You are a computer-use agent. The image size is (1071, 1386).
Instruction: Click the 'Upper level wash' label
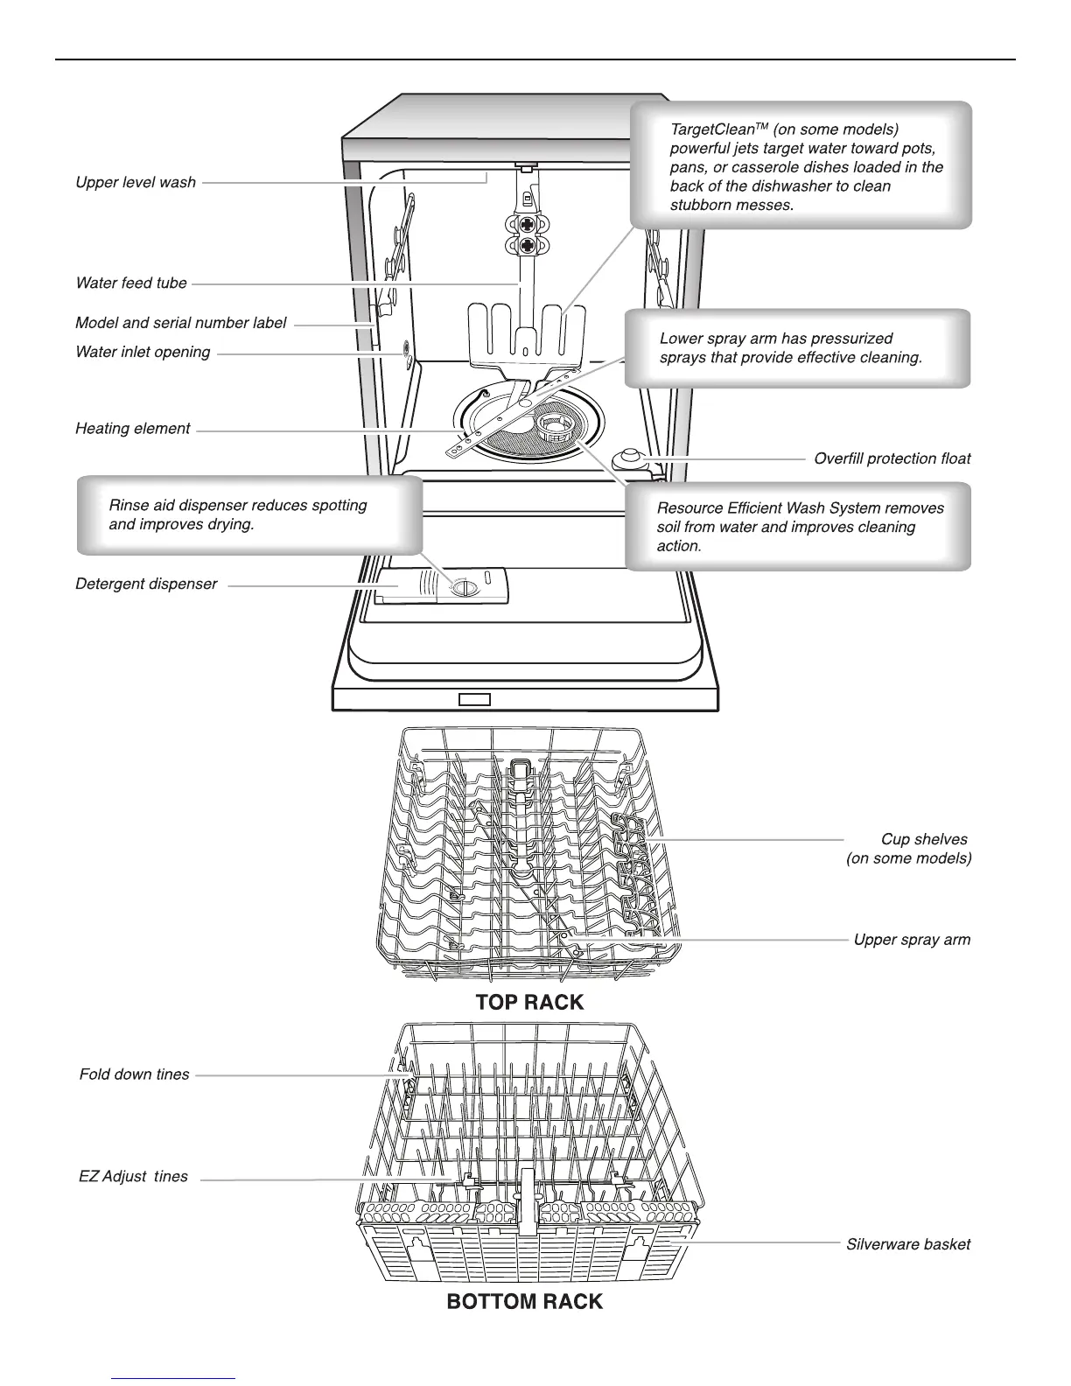[x=136, y=182]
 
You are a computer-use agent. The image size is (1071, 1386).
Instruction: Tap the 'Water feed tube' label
[x=131, y=283]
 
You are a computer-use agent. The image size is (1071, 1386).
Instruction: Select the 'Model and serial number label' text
[x=180, y=323]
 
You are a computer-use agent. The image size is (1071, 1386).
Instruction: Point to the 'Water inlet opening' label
[x=143, y=352]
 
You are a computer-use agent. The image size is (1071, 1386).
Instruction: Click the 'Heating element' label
[x=132, y=429]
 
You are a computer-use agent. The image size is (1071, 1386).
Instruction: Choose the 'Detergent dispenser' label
[x=146, y=584]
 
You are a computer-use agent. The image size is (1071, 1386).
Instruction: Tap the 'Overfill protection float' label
[x=892, y=458]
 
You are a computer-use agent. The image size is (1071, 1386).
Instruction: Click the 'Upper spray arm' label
[x=912, y=940]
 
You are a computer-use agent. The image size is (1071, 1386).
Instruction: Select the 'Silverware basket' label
[x=907, y=1244]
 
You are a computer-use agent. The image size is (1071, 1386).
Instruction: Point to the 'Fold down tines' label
[x=134, y=1074]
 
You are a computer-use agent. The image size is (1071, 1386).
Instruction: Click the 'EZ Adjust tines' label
[x=133, y=1177]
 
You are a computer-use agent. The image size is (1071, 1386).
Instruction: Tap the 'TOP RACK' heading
[x=529, y=1002]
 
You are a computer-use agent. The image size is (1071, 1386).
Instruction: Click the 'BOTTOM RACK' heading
[x=524, y=1302]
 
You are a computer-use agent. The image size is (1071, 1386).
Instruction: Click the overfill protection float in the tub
[x=628, y=457]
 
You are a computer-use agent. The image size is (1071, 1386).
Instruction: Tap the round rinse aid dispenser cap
[x=461, y=587]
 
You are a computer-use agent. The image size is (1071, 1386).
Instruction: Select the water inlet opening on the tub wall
[x=406, y=350]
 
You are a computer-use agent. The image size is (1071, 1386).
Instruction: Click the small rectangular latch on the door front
[x=474, y=699]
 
